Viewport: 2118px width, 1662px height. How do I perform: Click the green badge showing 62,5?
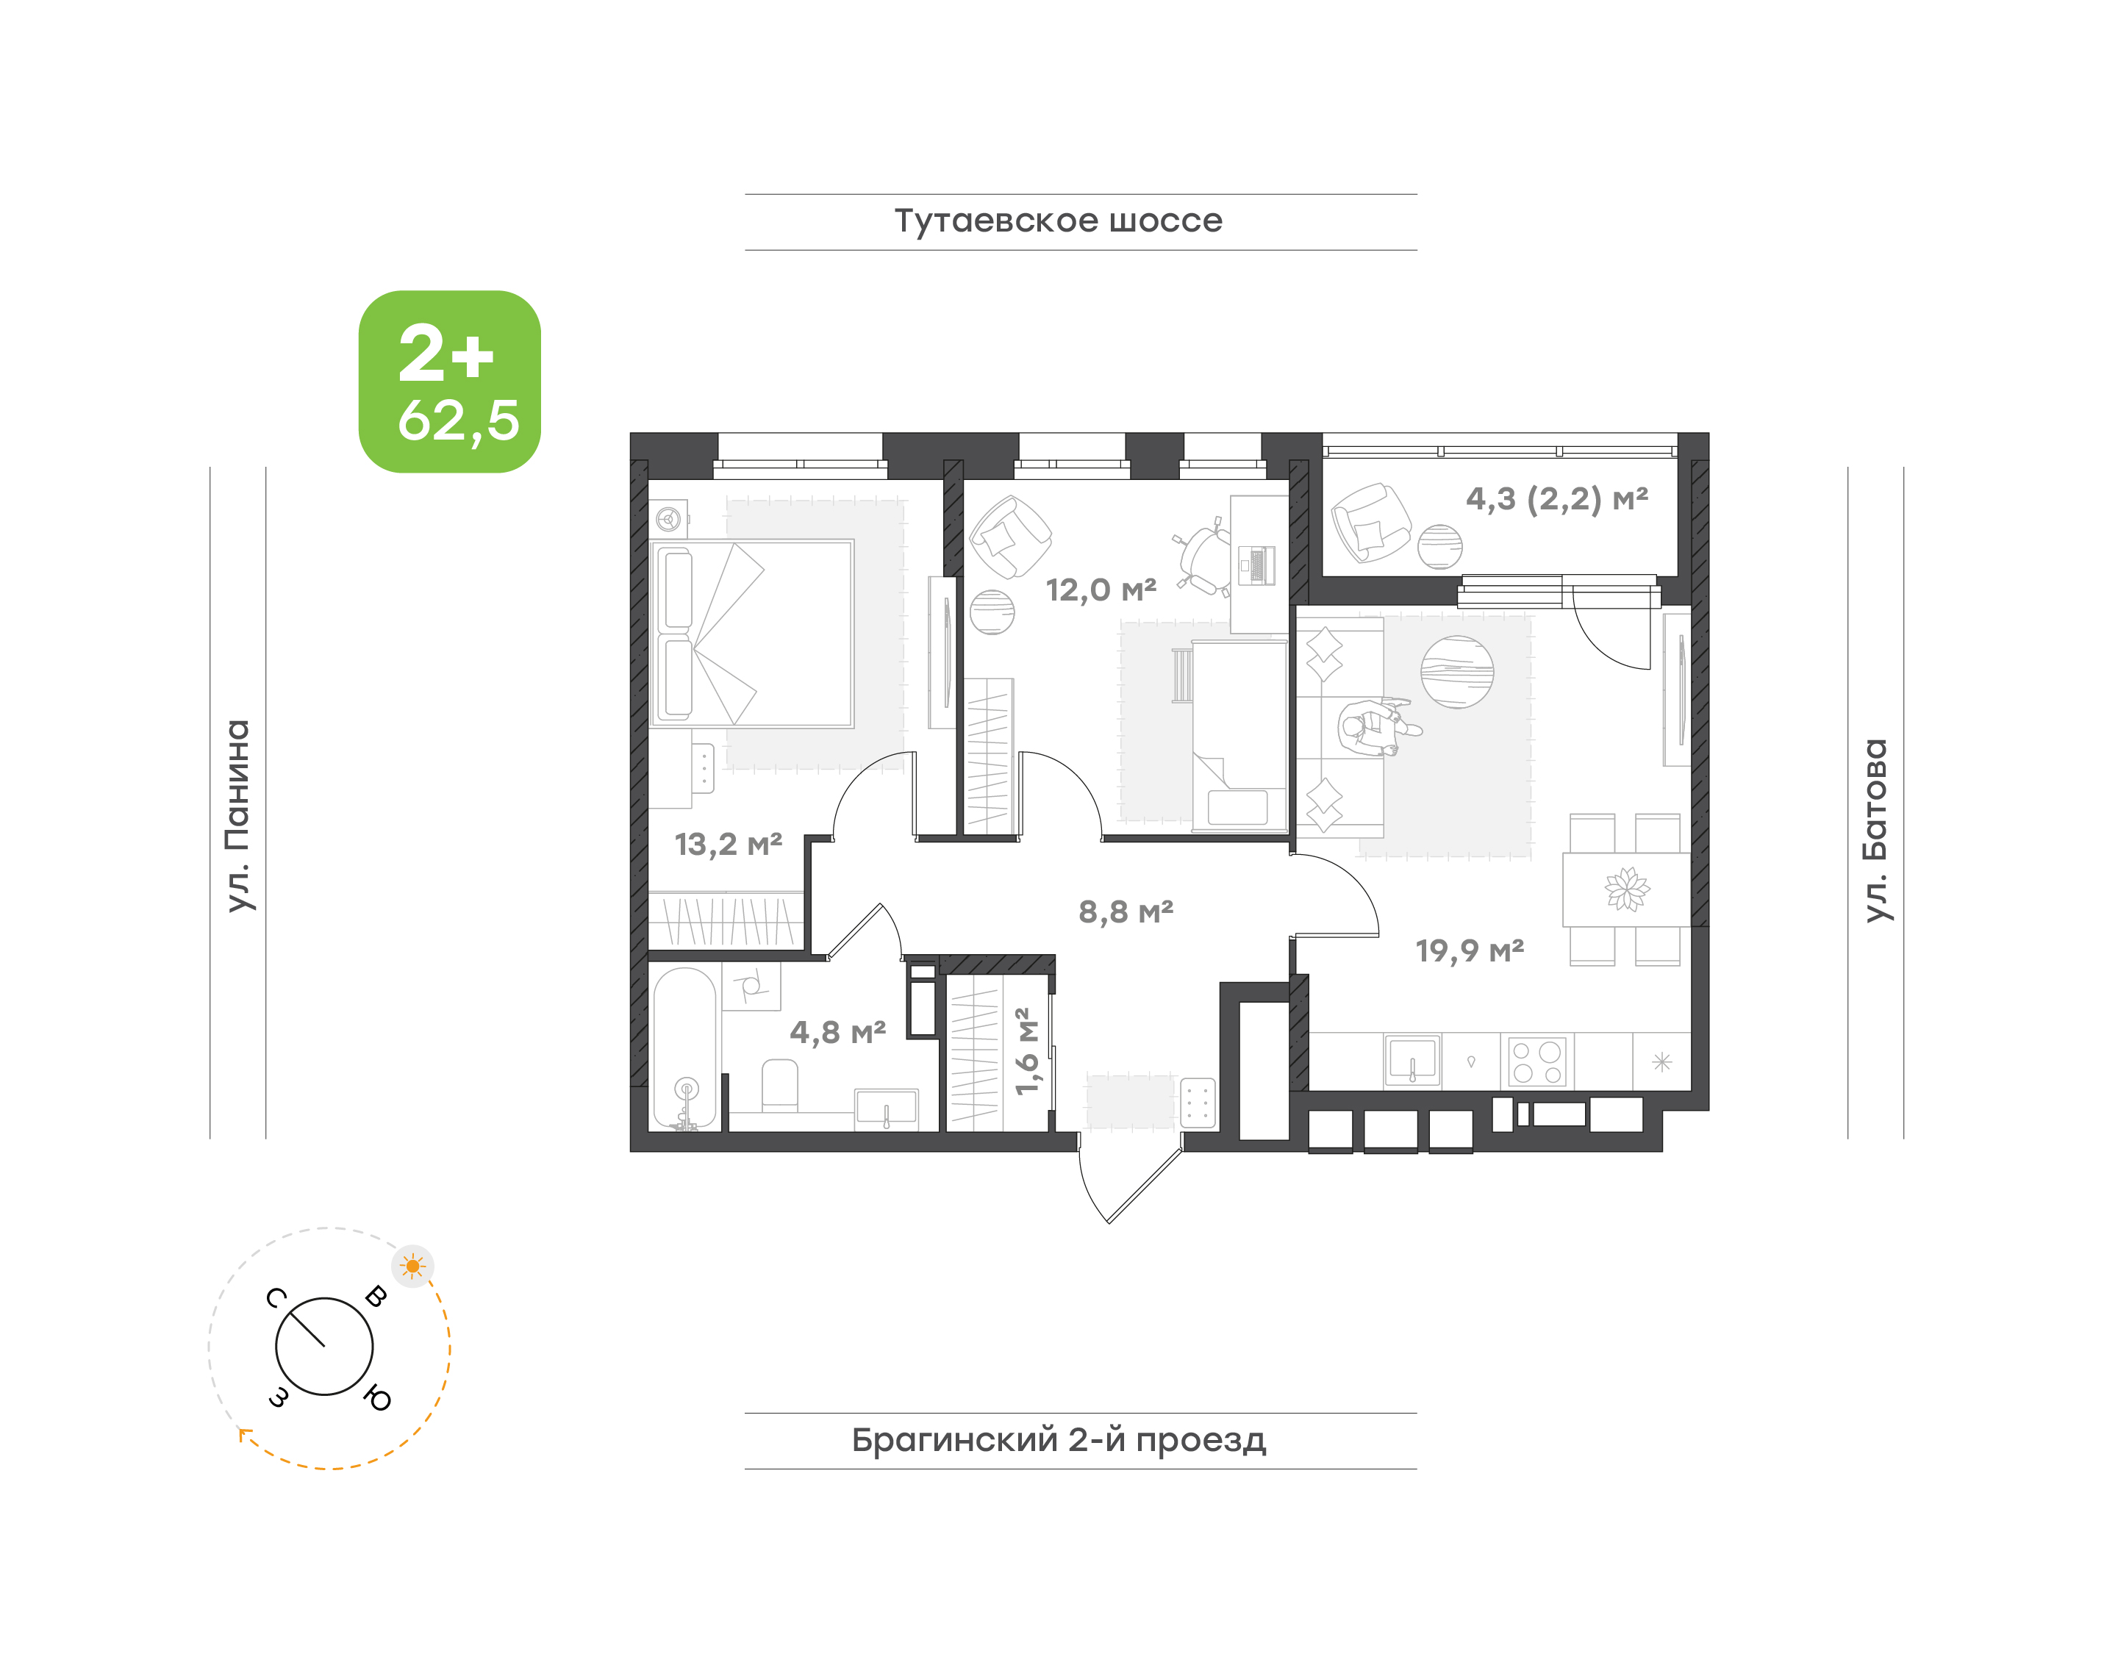pyautogui.click(x=450, y=382)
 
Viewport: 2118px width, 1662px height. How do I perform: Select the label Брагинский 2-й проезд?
pyautogui.click(x=1058, y=1440)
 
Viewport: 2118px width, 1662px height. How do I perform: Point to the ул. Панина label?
pyautogui.click(x=237, y=815)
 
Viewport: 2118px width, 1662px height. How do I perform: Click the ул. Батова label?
pyautogui.click(x=1875, y=830)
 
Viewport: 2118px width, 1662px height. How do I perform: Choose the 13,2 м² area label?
pyautogui.click(x=728, y=844)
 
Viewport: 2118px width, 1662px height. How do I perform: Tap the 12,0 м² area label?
pyautogui.click(x=1101, y=589)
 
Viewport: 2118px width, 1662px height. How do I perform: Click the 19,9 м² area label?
pyautogui.click(x=1469, y=950)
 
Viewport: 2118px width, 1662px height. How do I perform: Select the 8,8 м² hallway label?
pyautogui.click(x=1126, y=911)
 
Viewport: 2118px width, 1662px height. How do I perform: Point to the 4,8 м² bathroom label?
pyautogui.click(x=837, y=1033)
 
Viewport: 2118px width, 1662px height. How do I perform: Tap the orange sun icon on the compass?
pyautogui.click(x=412, y=1266)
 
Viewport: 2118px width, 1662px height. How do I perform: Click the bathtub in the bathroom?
pyautogui.click(x=685, y=1049)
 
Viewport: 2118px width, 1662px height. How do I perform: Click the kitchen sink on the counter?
pyautogui.click(x=1412, y=1061)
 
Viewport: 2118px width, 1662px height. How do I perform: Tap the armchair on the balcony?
pyautogui.click(x=1370, y=523)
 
